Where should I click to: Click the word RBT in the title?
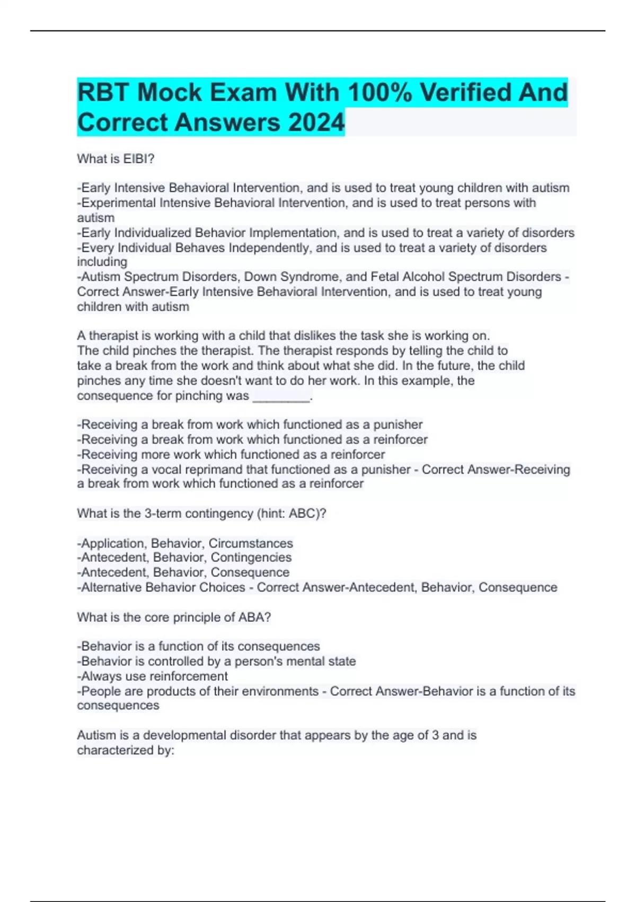(x=103, y=93)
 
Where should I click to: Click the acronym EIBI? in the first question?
(x=139, y=159)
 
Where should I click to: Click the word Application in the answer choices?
(x=113, y=543)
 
